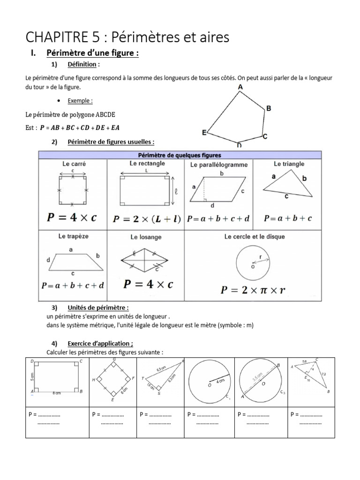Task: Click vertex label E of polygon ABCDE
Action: click(204, 133)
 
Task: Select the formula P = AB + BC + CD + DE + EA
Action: click(83, 127)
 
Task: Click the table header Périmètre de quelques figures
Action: click(180, 155)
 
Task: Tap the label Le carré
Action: click(74, 164)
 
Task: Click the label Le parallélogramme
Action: click(219, 165)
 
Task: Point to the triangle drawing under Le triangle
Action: click(288, 185)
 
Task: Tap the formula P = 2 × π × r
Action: click(253, 289)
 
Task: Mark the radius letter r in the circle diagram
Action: click(261, 257)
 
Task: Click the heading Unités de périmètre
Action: click(98, 307)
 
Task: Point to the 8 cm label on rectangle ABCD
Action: click(56, 393)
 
